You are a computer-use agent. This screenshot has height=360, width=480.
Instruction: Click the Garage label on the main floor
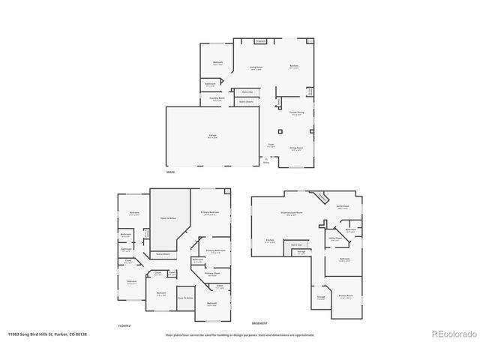click(x=213, y=136)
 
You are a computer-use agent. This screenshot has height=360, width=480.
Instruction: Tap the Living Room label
click(x=256, y=68)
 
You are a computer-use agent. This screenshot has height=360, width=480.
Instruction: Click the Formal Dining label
click(x=297, y=113)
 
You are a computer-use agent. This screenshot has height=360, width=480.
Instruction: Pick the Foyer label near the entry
click(x=271, y=145)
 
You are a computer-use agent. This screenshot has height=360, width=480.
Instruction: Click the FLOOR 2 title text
click(x=124, y=326)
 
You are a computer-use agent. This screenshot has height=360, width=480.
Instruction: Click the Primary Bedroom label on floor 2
click(x=210, y=214)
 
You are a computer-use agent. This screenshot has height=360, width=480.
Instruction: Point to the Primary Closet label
click(x=212, y=274)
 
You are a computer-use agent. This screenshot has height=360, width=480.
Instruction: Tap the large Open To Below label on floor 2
click(x=168, y=218)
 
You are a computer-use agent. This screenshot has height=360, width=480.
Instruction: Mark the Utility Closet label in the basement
click(x=336, y=239)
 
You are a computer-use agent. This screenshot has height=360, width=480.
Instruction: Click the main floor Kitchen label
click(x=295, y=67)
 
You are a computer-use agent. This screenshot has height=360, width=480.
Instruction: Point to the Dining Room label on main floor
click(x=296, y=149)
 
